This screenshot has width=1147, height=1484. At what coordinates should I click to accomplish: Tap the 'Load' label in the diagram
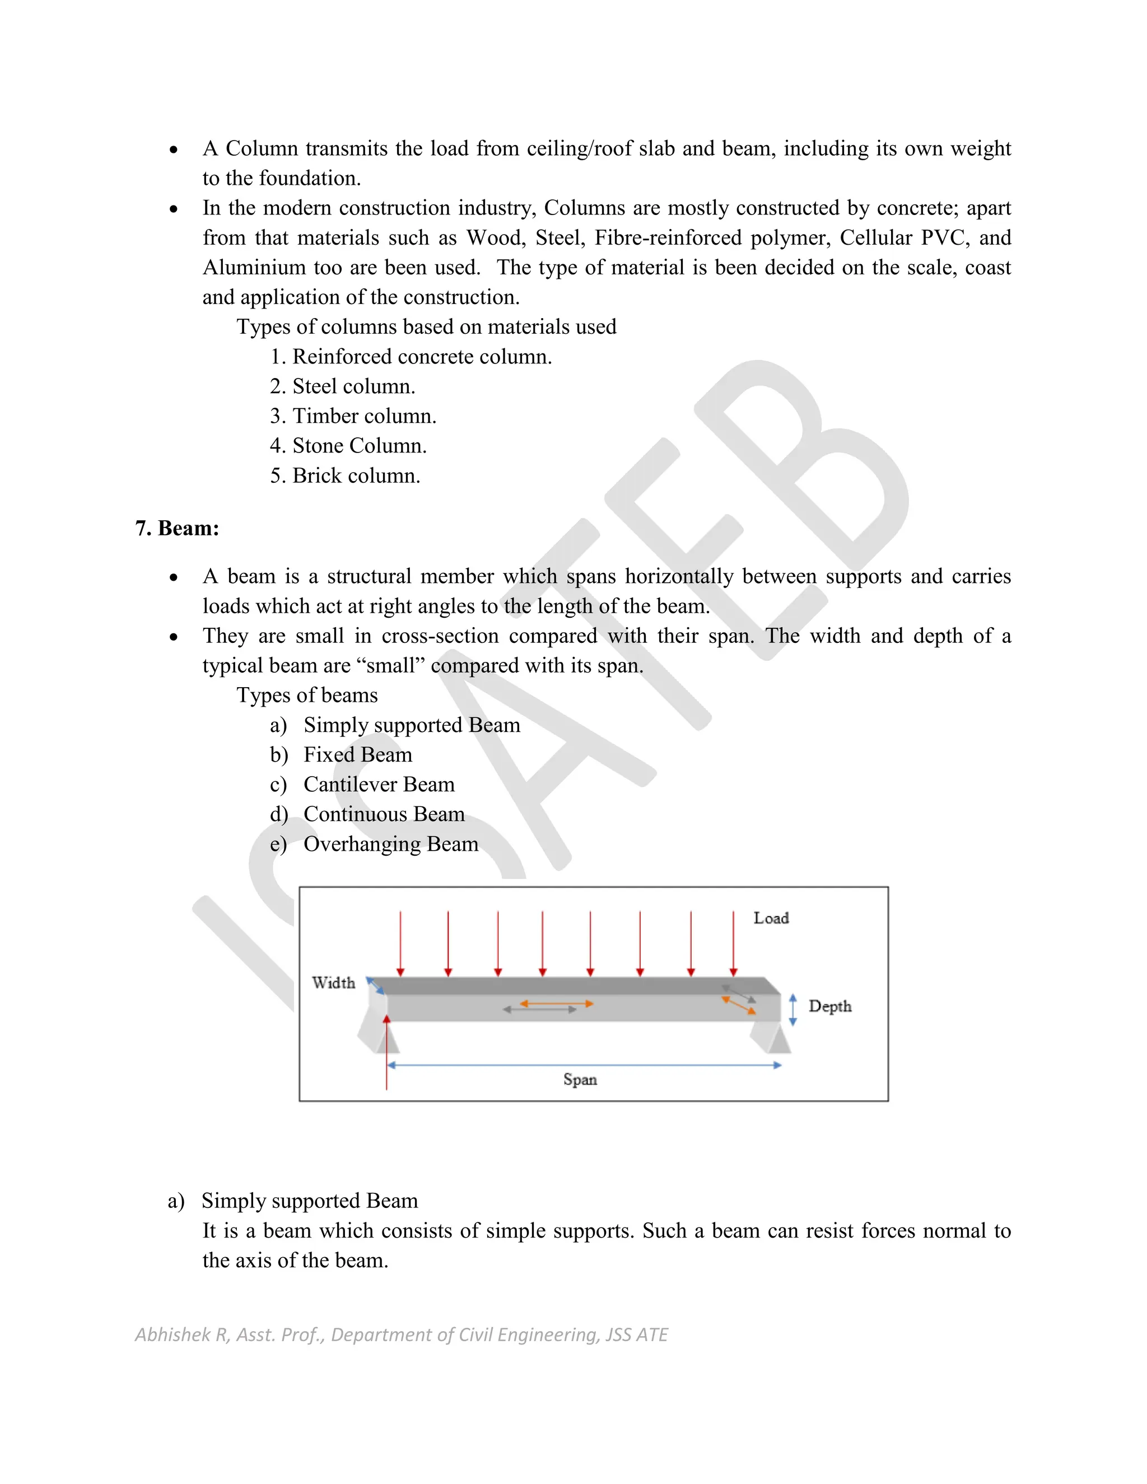point(771,918)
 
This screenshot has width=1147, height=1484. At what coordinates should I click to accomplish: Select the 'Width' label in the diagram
point(333,983)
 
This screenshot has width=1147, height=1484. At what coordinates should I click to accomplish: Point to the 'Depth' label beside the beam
point(829,1006)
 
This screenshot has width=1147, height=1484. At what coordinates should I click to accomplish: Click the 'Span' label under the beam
point(580,1080)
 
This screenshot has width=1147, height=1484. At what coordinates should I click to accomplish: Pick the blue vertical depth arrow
point(792,1010)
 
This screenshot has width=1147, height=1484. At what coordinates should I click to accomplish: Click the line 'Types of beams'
point(306,695)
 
